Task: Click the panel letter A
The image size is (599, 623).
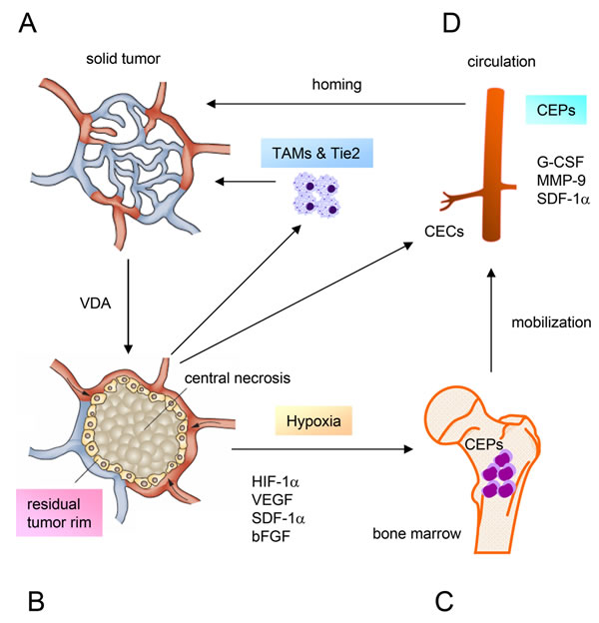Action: coord(28,23)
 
